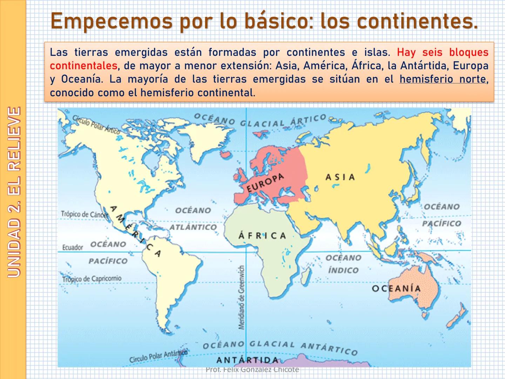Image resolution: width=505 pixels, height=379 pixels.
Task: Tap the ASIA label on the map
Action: pos(340,177)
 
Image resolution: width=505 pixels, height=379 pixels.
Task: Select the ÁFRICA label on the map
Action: pos(262,235)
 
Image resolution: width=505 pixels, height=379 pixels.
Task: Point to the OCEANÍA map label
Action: pos(396,288)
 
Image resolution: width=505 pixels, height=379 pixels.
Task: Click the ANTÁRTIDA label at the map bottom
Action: pos(248,360)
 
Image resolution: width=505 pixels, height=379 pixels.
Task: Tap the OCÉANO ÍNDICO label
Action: pos(343,264)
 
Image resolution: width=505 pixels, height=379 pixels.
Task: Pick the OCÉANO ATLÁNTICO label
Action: pos(193,219)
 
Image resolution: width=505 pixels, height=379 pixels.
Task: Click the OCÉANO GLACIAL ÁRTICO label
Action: pos(260,120)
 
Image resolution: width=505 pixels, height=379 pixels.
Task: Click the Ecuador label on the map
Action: pos(73,247)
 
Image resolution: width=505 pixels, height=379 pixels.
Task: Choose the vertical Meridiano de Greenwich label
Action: pos(241,297)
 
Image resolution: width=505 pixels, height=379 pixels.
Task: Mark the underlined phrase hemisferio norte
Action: pos(443,79)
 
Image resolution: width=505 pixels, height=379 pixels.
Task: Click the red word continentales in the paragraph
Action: pos(83,66)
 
